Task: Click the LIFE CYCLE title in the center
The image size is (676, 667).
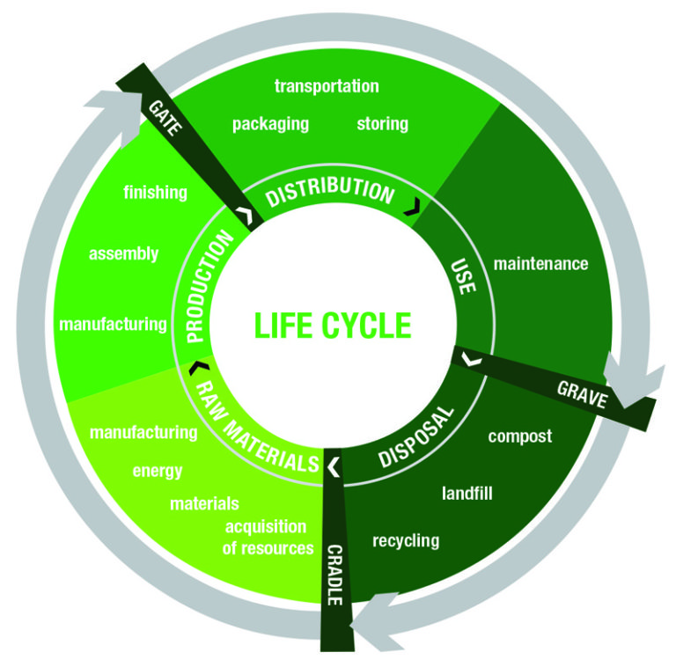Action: coord(333,325)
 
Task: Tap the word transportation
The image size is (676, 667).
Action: coord(327,86)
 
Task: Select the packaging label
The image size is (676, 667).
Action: coord(271,124)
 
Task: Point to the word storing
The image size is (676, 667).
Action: coord(382,124)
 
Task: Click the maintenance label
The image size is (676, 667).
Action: coord(540,264)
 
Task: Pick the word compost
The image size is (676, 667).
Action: coord(520,436)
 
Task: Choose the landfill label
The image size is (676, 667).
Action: coord(467,494)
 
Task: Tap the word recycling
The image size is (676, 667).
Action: coord(406,541)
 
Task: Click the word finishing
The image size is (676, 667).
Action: coord(155,193)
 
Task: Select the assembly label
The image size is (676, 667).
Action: coord(124,253)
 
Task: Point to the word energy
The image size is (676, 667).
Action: coord(158,471)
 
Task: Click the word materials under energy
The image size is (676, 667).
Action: coord(204,503)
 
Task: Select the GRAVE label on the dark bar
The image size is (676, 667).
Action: coord(582,395)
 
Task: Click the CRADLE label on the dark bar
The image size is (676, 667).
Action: coord(335,575)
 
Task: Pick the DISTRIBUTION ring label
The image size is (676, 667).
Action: coord(330,192)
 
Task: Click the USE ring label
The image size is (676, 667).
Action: coord(464,276)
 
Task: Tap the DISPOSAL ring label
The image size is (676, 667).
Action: coord(416,436)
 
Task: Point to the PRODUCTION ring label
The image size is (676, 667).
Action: coord(210,287)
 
